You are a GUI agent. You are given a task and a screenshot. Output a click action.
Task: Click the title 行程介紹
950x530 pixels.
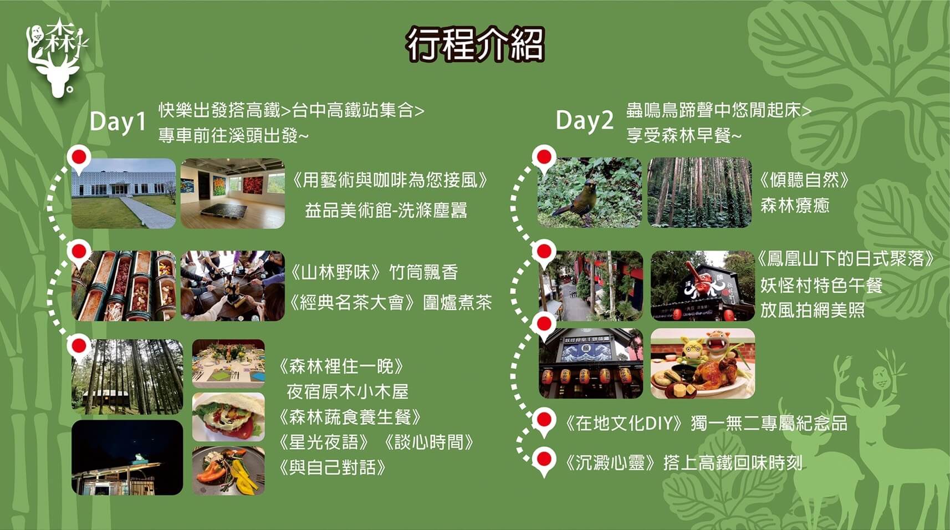click(x=475, y=45)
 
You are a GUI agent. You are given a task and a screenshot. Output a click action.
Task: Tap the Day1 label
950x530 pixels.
click(x=118, y=122)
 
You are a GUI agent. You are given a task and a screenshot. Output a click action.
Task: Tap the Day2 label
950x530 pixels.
click(x=584, y=121)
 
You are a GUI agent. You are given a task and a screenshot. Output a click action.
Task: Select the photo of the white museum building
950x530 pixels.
click(x=124, y=193)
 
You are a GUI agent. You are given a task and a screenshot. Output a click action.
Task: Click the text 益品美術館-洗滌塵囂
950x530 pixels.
click(x=386, y=210)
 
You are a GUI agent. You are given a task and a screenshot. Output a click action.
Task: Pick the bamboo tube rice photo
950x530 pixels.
click(x=124, y=286)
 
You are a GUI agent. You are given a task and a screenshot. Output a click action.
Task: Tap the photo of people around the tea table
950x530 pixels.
click(x=233, y=286)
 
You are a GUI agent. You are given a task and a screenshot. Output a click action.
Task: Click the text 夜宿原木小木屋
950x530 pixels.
click(x=348, y=391)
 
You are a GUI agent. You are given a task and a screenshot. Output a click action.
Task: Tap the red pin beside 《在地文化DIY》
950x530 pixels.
click(x=544, y=421)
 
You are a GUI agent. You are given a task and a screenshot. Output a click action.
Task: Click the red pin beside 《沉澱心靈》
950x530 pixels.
click(x=544, y=461)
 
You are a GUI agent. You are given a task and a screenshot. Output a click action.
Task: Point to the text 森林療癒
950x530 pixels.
click(x=795, y=206)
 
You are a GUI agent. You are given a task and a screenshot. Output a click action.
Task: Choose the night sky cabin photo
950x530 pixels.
click(x=127, y=457)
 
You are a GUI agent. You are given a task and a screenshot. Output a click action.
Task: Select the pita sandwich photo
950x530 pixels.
click(x=228, y=417)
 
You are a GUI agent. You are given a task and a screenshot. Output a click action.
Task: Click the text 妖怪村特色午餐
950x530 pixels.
click(x=821, y=285)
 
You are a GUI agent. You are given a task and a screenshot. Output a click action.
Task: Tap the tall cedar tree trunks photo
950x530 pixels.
click(x=700, y=192)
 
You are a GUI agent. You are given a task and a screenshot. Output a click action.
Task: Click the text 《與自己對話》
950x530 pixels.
click(x=332, y=467)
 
